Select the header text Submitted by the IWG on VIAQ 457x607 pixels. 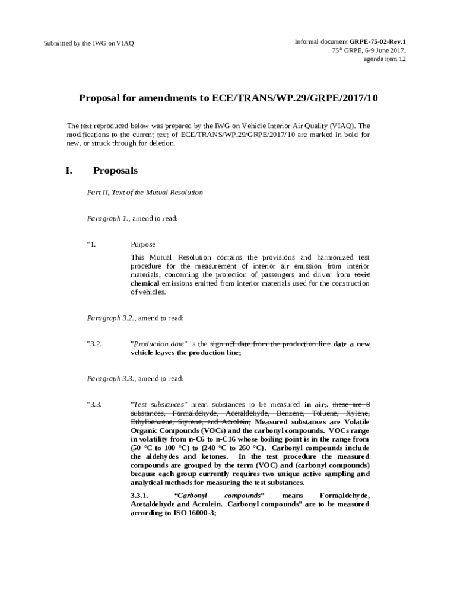(x=89, y=44)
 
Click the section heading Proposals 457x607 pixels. (x=115, y=171)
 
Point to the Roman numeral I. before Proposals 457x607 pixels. (x=69, y=171)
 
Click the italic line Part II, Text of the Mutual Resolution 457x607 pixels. (x=145, y=193)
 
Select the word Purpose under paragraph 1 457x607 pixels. (x=143, y=244)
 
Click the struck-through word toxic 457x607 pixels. (x=362, y=275)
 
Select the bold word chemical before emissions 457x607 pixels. (x=145, y=283)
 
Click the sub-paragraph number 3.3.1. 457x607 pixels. (x=143, y=496)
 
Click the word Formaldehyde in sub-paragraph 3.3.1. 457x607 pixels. (x=344, y=496)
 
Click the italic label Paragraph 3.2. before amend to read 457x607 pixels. (x=111, y=318)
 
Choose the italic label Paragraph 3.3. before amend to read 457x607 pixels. (x=111, y=379)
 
